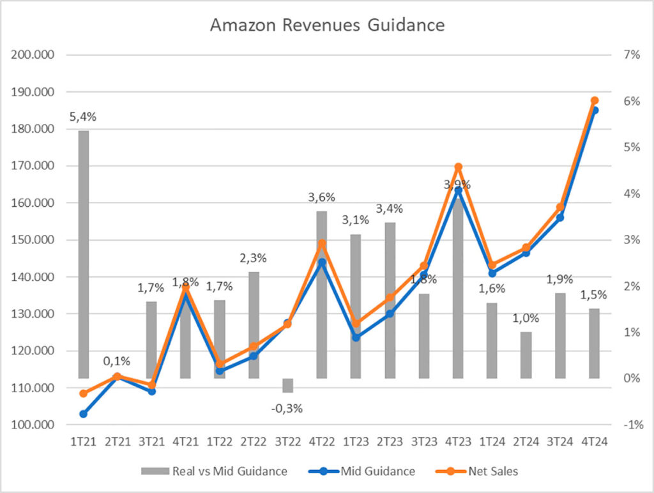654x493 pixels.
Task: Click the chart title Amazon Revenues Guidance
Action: click(327, 26)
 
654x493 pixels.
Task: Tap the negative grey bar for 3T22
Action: click(287, 385)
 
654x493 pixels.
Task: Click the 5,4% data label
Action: click(83, 117)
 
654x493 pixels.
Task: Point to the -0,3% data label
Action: click(287, 408)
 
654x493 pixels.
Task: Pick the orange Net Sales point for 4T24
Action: click(595, 101)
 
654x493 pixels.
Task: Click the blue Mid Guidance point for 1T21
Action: click(83, 414)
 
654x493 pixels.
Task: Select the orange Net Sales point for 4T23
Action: click(458, 167)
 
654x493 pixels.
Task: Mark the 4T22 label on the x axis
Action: click(322, 441)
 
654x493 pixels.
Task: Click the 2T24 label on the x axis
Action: click(526, 441)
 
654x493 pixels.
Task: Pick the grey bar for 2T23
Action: click(390, 300)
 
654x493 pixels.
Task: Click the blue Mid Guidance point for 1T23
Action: click(356, 337)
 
